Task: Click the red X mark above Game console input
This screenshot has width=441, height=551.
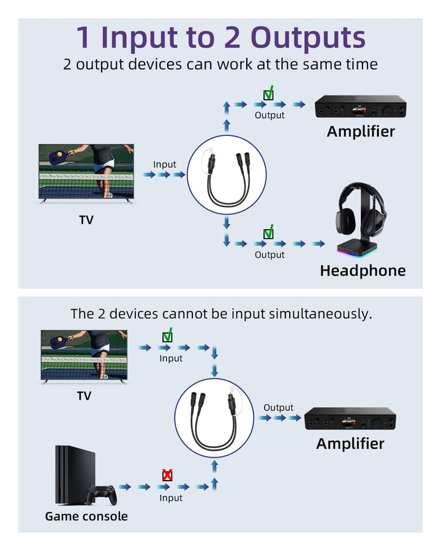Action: (x=167, y=475)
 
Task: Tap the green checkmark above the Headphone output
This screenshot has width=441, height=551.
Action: (x=268, y=233)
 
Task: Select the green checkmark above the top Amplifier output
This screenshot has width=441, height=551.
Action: (x=268, y=94)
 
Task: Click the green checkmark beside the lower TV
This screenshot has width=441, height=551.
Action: (x=167, y=336)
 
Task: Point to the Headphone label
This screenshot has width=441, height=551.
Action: (x=363, y=271)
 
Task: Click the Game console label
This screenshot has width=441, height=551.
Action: (x=86, y=516)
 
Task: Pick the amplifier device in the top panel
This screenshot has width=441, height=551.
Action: (x=361, y=108)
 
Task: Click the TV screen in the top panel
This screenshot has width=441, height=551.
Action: (x=86, y=171)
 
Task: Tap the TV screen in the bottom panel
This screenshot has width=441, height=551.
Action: (x=84, y=355)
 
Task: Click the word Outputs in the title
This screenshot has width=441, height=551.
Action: (x=309, y=37)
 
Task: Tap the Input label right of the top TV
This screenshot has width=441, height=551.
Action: (x=165, y=164)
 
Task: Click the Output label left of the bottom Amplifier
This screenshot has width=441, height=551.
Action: (x=279, y=407)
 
